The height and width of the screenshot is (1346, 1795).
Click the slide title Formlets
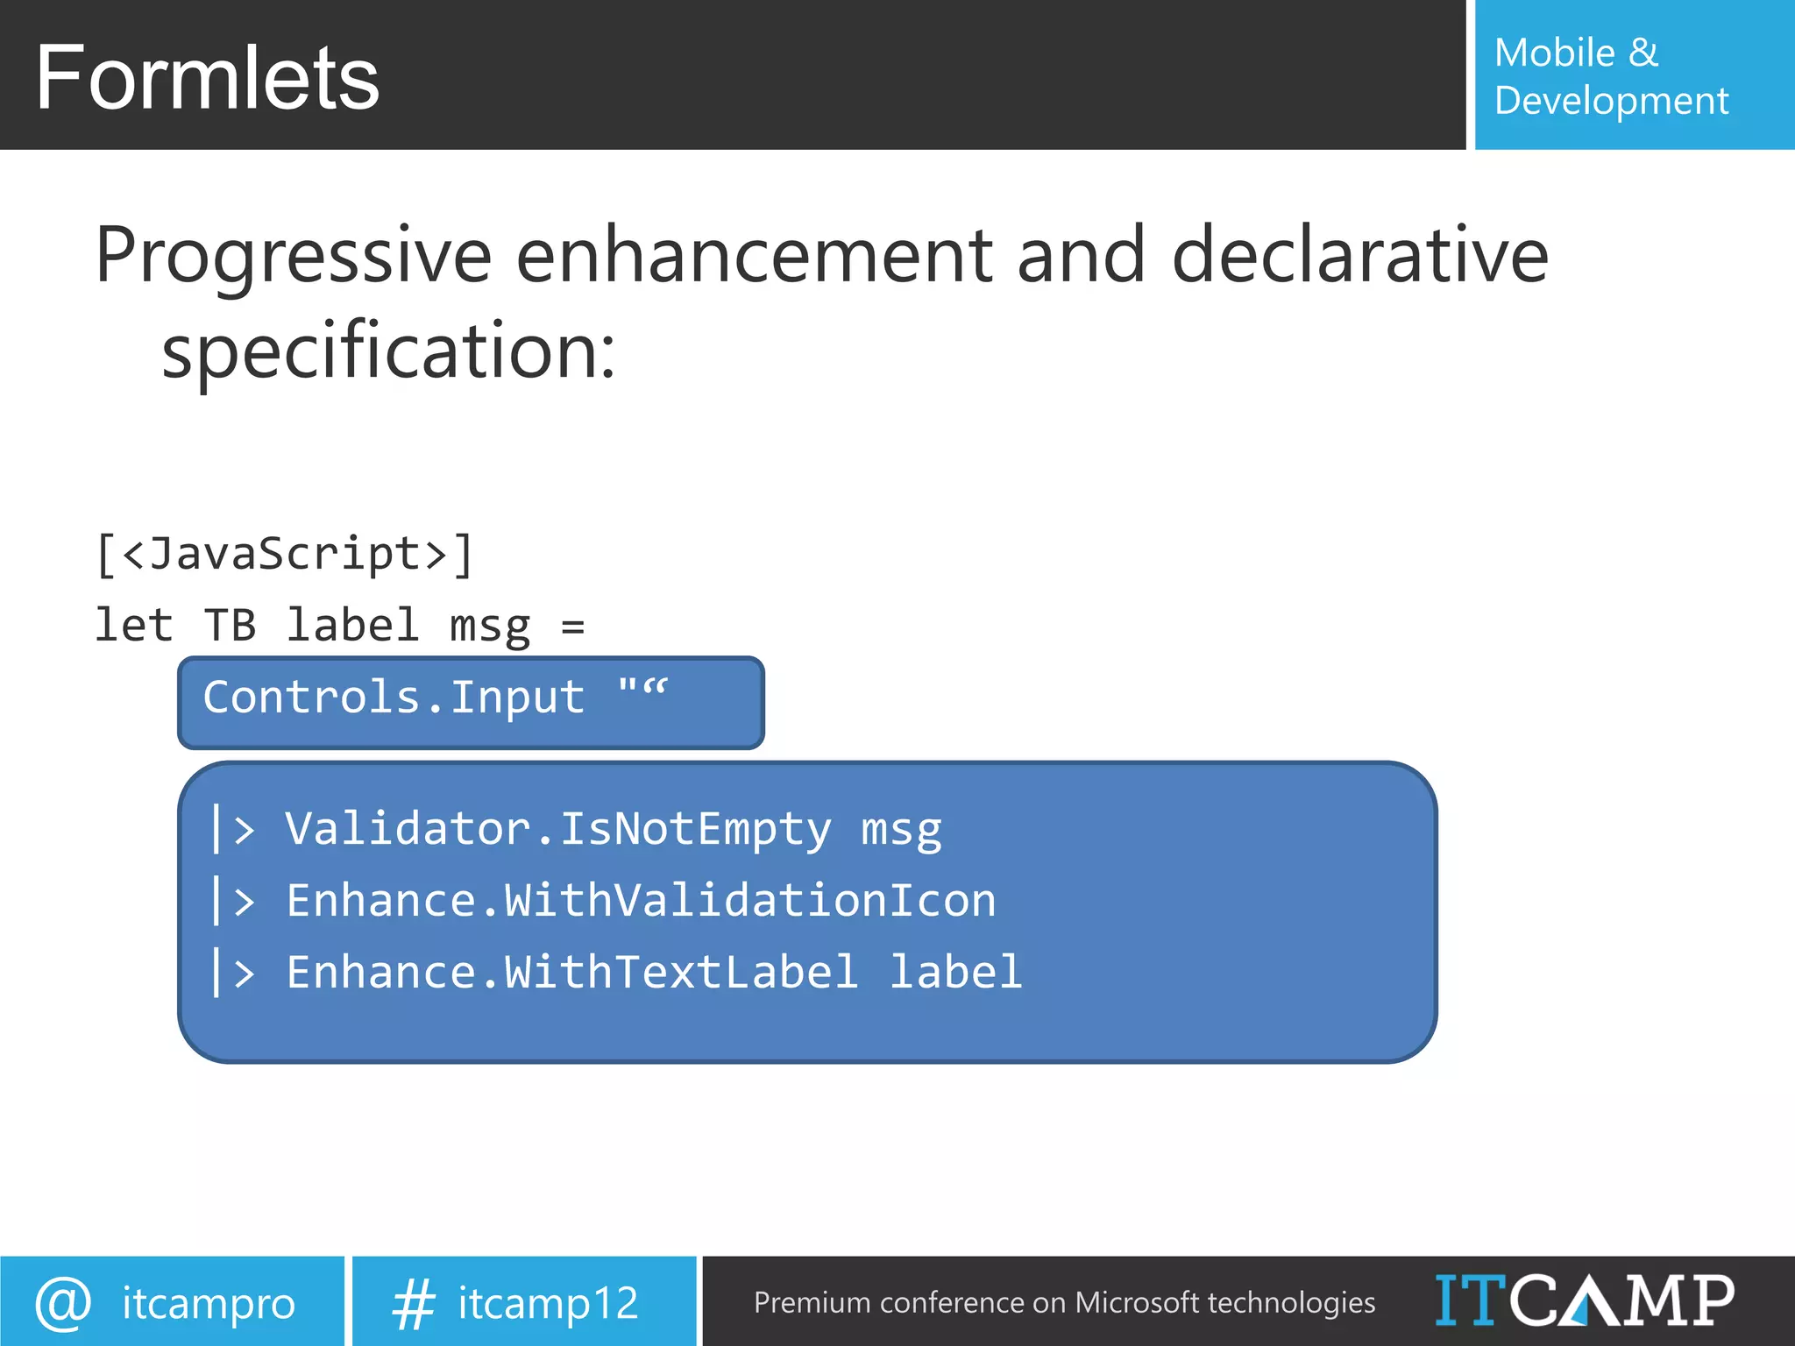click(x=207, y=79)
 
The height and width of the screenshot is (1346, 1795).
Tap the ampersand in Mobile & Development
click(x=1643, y=53)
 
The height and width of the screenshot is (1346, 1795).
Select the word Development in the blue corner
click(x=1611, y=101)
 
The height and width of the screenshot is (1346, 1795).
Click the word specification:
click(x=389, y=351)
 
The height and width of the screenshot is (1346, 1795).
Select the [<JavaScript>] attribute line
click(x=285, y=555)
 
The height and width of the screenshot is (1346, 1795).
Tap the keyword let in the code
click(x=133, y=626)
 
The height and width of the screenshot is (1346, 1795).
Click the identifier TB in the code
click(x=230, y=626)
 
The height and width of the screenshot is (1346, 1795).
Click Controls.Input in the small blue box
click(x=394, y=698)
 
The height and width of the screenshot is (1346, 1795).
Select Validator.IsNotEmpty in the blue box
click(x=557, y=828)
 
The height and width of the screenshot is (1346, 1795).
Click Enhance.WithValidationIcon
click(x=641, y=901)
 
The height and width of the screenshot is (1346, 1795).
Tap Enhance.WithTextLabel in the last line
click(x=571, y=973)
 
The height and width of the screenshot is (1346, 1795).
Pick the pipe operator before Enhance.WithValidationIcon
click(x=233, y=902)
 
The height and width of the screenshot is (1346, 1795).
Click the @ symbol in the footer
click(x=63, y=1303)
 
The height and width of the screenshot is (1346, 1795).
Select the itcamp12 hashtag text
click(x=548, y=1303)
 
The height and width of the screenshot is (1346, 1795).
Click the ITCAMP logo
click(x=1584, y=1300)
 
